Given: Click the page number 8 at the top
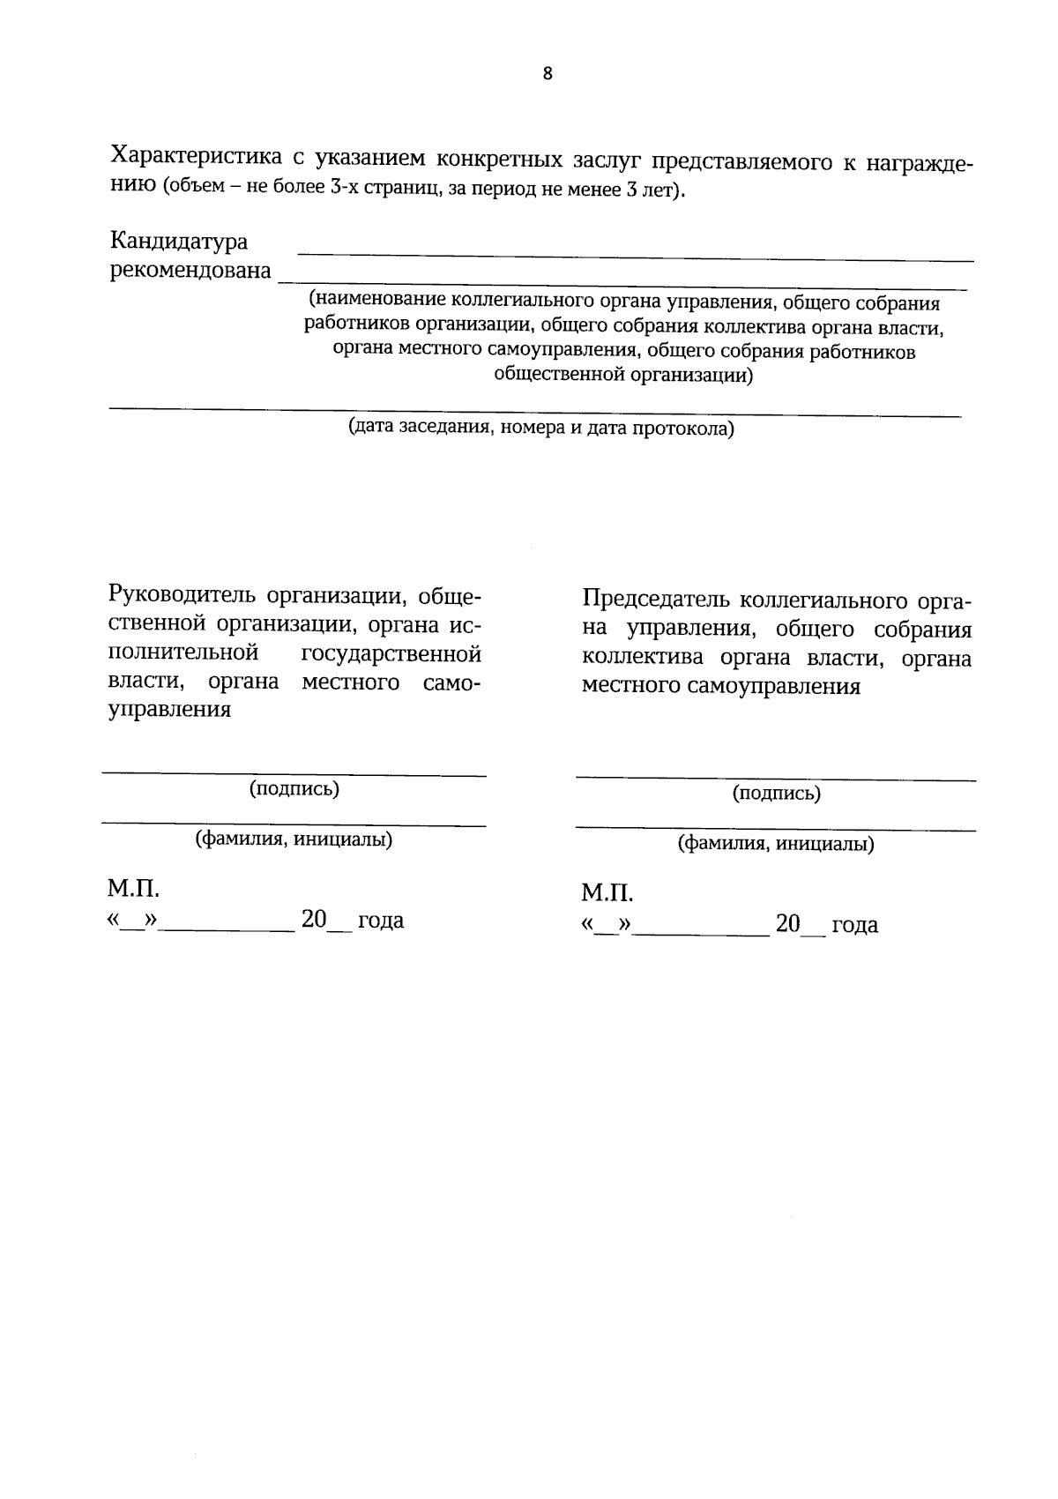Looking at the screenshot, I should (x=548, y=74).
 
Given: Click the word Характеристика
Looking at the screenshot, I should (x=196, y=157).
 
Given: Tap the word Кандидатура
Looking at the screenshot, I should (x=178, y=241).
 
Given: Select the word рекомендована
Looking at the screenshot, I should (x=190, y=270).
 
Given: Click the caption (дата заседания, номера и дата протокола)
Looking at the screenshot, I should (x=540, y=429).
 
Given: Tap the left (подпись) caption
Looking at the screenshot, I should (x=294, y=788).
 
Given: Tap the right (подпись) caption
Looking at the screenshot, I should (x=776, y=794).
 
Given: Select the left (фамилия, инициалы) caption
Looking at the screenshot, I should (x=294, y=839).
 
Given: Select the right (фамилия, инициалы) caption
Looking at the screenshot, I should (x=776, y=845).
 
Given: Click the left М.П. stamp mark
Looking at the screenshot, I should (x=134, y=887).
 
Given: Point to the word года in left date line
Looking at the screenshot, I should (x=380, y=921).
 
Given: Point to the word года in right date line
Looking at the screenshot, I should (x=854, y=926).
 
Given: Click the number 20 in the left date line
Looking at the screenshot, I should (x=314, y=920).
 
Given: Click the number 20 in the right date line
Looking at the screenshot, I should (x=788, y=925).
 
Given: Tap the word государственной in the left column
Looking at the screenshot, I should (x=391, y=653).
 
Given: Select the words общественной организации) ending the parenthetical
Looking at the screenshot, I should (x=623, y=376).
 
